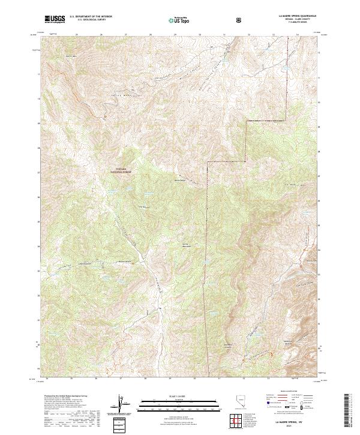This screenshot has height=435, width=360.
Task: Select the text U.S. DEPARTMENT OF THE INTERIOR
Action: (x=90, y=17)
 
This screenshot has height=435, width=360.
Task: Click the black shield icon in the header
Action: (x=239, y=20)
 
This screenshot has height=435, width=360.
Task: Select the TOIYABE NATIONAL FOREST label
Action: (x=122, y=170)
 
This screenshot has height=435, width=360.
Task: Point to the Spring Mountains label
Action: (x=185, y=246)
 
